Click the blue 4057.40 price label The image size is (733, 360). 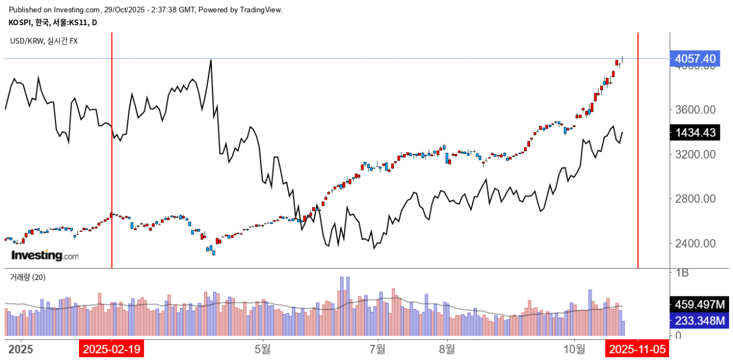(695, 58)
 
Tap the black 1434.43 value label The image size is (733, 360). (695, 133)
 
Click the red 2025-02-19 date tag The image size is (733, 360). (112, 349)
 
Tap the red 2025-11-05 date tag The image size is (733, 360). (638, 349)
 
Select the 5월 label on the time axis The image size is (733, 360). (263, 349)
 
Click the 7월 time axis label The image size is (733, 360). (378, 349)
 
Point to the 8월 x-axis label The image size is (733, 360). (447, 349)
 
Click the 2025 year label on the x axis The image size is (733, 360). (19, 349)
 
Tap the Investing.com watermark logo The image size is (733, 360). (45, 255)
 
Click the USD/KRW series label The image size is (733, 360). (44, 41)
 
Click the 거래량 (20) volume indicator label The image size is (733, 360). (27, 277)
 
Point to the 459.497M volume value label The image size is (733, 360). (699, 304)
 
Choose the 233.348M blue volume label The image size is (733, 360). (699, 321)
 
